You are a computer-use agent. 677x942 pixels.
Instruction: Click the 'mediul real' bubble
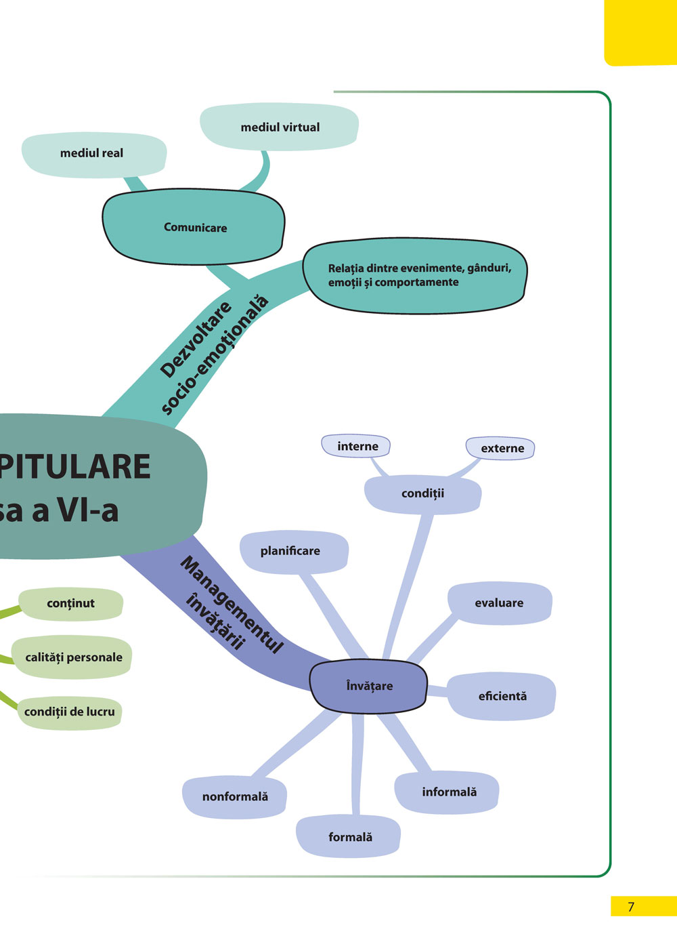(92, 154)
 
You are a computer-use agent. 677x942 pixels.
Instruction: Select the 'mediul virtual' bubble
(280, 127)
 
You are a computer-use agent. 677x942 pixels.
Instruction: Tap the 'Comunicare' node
(195, 228)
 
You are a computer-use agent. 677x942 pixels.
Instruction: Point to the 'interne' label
(357, 447)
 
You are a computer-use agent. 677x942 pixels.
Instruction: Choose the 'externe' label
(502, 449)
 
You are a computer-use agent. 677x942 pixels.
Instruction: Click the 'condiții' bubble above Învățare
(422, 493)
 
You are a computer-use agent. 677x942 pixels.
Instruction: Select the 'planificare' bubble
(290, 551)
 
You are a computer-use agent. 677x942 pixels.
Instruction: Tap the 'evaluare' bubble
(499, 603)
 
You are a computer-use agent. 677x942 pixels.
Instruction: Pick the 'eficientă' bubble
(502, 696)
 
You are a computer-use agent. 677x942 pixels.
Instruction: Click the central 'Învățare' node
(369, 686)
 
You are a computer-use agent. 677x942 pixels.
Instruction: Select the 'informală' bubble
(449, 792)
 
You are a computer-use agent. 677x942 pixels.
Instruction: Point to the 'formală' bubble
(350, 837)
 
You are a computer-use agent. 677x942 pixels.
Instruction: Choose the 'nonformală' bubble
(235, 797)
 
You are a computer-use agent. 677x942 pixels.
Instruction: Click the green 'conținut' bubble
(70, 604)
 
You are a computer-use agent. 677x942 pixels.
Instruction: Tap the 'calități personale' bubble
(73, 657)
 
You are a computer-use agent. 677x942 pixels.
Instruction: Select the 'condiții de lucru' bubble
(69, 712)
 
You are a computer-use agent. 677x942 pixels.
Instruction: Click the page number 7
(631, 907)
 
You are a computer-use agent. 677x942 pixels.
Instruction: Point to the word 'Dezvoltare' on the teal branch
(196, 340)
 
